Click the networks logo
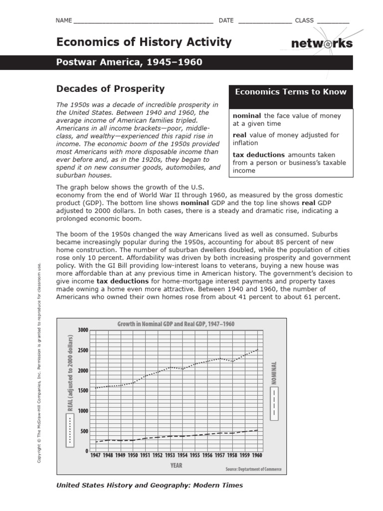tap(322, 44)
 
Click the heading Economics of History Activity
tap(144, 42)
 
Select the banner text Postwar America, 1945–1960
tap(129, 62)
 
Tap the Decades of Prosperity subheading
tap(110, 89)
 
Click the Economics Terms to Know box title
tap(290, 92)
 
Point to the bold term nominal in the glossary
tap(247, 116)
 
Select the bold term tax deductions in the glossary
tap(259, 155)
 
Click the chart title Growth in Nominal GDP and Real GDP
tap(176, 324)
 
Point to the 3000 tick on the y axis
tap(83, 330)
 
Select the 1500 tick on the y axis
tap(83, 391)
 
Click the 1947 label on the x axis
tap(95, 455)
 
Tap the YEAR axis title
tap(176, 466)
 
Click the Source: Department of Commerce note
tap(253, 469)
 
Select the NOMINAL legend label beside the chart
tap(273, 373)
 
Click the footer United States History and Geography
tap(150, 485)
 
